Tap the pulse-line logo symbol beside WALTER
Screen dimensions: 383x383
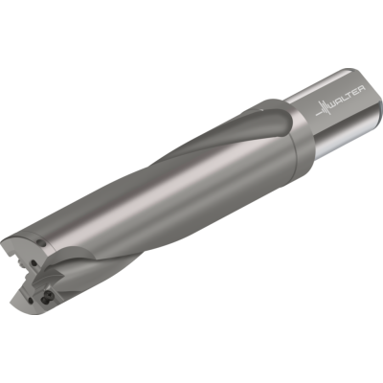(x=323, y=109)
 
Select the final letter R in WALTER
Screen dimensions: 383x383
(x=362, y=88)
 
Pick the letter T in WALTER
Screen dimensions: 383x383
(x=351, y=96)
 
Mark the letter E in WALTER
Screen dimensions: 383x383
(x=356, y=92)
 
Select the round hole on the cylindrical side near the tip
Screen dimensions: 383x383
(x=42, y=244)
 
